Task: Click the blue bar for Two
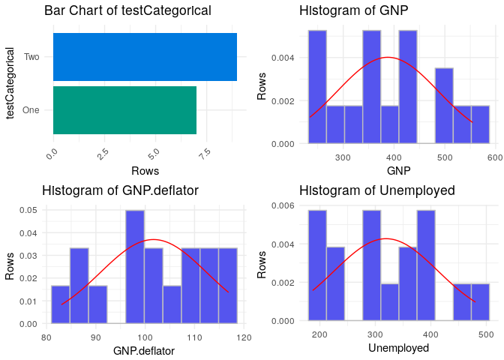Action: (145, 56)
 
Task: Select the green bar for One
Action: (124, 110)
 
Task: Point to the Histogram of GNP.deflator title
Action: (121, 190)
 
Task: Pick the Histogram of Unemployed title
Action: (377, 190)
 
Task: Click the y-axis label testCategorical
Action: (11, 83)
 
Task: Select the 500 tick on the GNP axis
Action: (445, 157)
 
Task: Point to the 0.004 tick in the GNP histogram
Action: (289, 58)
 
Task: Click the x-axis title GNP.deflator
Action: (144, 350)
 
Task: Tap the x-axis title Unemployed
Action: (399, 349)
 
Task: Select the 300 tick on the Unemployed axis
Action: (371, 334)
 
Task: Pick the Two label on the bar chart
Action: (31, 57)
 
